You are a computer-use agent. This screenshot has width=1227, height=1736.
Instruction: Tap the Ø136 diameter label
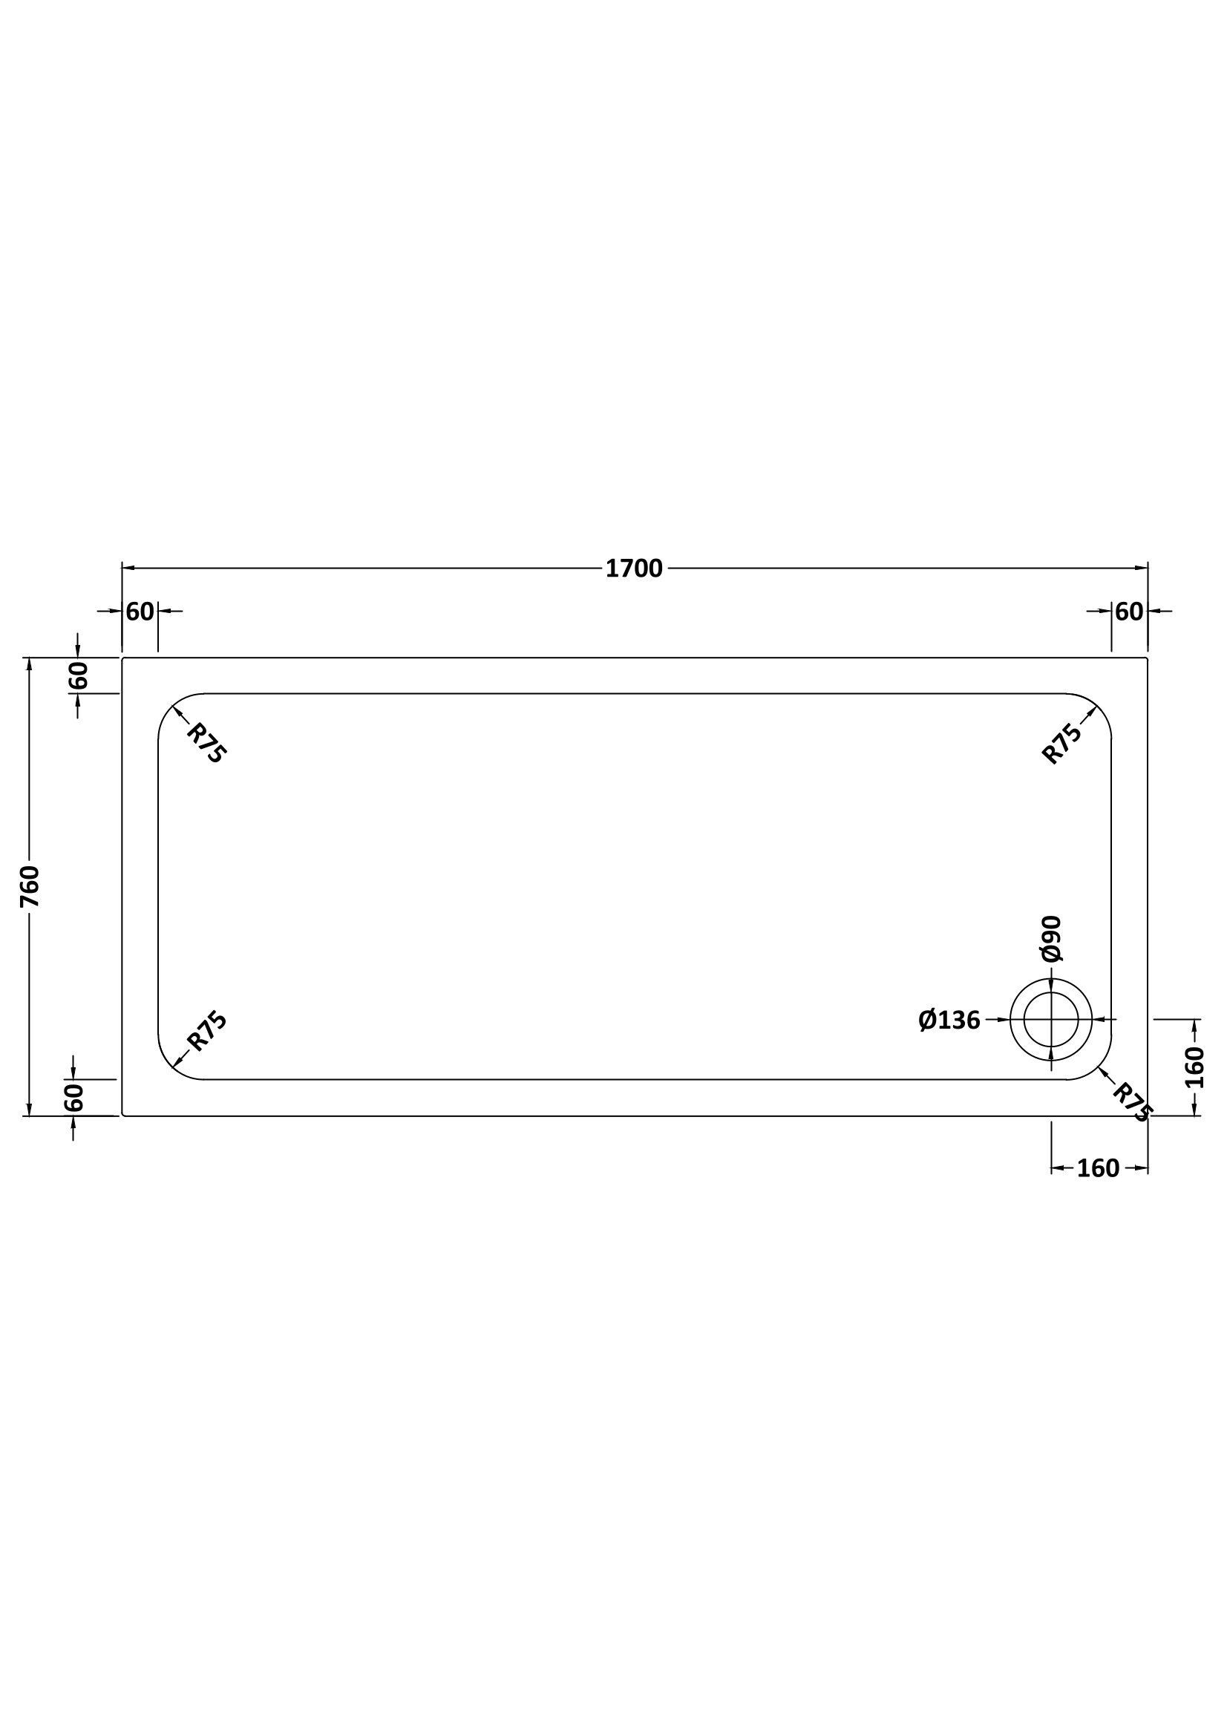point(949,1021)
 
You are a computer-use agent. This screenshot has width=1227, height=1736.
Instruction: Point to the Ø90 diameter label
point(1052,939)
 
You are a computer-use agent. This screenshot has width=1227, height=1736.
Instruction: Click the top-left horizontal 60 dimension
point(140,611)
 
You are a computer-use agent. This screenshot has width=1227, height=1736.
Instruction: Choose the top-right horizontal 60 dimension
point(1129,611)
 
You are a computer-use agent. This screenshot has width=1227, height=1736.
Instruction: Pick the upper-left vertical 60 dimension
point(79,675)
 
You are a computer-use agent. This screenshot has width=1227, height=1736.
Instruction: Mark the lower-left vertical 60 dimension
point(74,1097)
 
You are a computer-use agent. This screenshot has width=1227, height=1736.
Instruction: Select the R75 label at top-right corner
point(1062,744)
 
